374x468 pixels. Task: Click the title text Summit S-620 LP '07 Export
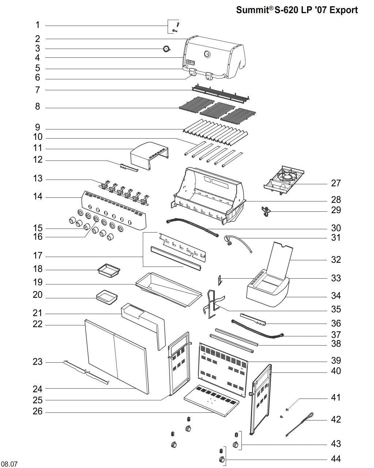(297, 10)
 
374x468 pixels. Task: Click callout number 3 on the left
(38, 49)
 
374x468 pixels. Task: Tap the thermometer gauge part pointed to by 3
(167, 49)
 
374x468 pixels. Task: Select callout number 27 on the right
(336, 183)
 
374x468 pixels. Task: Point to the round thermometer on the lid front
(207, 54)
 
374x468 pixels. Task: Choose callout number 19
(38, 283)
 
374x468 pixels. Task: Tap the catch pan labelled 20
(107, 297)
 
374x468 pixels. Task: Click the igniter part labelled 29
(266, 211)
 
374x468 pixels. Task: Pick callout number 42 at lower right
(336, 420)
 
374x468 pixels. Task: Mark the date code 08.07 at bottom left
(10, 464)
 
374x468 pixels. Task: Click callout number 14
(38, 197)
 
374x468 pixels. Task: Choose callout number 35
(336, 309)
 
